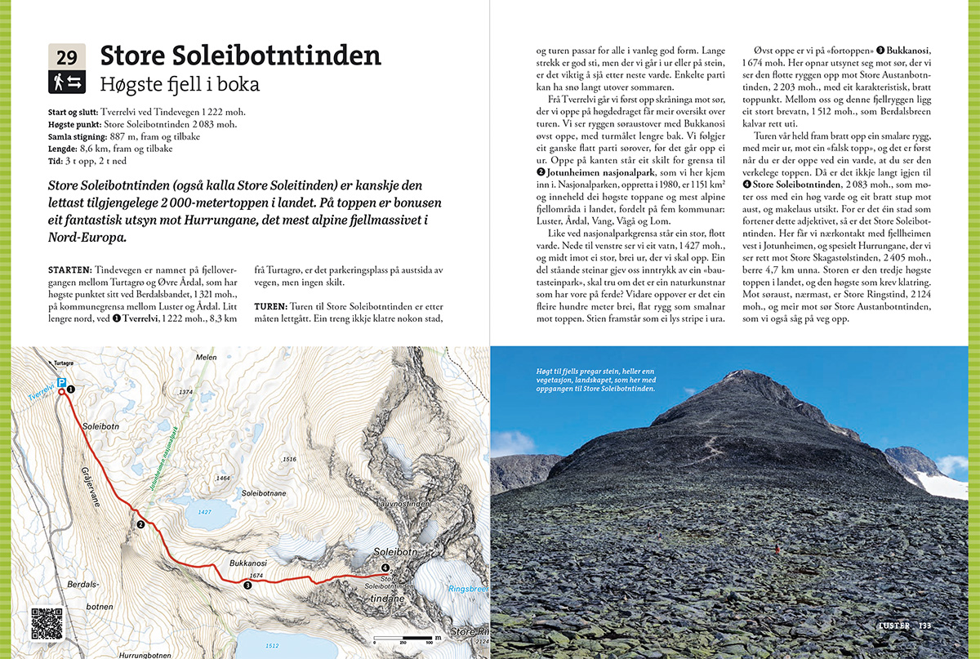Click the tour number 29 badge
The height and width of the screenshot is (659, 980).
(67, 57)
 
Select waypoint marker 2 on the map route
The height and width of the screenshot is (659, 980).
(140, 524)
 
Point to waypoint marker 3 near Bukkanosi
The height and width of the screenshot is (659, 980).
(247, 585)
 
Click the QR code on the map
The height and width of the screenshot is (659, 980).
(47, 623)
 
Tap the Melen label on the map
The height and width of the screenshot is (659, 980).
(206, 357)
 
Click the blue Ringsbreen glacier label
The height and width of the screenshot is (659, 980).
(466, 588)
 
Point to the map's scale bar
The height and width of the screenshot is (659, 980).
(405, 636)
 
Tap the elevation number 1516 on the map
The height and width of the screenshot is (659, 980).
(288, 460)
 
